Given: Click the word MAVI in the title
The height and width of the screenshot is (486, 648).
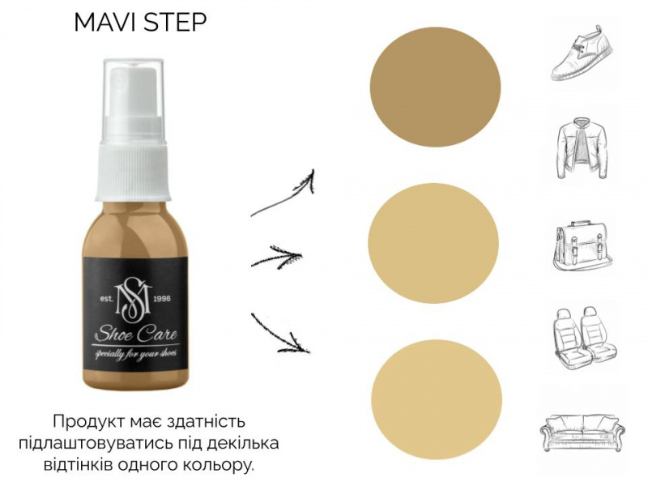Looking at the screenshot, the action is (x=105, y=23).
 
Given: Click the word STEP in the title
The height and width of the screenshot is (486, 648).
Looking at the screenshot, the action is (x=174, y=23).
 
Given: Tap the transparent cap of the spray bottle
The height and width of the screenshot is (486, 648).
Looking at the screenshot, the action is (x=134, y=97).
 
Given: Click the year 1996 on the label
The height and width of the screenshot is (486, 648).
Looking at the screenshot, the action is (x=161, y=299).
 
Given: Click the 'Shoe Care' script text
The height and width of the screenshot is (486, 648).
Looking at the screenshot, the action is (x=135, y=334).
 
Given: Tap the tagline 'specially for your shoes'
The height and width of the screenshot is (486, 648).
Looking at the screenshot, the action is (x=136, y=354).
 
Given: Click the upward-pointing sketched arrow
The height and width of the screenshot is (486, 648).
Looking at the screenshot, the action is (x=285, y=195).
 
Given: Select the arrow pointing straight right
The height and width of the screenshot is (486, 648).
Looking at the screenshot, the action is (x=276, y=258).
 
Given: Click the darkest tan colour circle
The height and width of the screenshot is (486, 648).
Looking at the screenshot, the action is (x=435, y=87).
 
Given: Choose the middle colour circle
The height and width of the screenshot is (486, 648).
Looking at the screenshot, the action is (x=433, y=243).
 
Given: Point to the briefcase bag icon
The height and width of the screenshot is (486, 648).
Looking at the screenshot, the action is (x=582, y=247).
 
